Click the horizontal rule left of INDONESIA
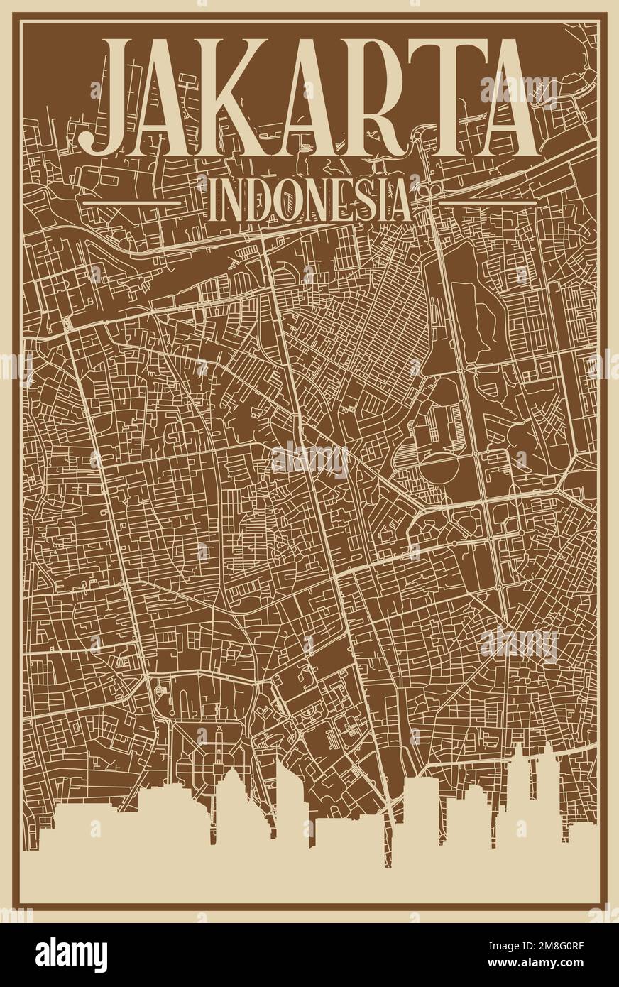132,202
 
